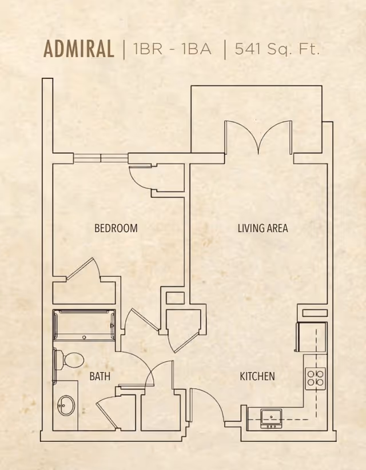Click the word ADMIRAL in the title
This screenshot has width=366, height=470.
coord(79,49)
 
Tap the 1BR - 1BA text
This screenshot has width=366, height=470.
coord(172,49)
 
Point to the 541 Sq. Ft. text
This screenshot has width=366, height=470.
coord(277,49)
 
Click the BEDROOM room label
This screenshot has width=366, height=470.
coord(116,228)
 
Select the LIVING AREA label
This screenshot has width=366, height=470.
coord(263,228)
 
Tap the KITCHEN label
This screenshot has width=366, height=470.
coord(257,376)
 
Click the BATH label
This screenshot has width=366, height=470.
coord(100,376)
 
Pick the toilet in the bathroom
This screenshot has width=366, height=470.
coord(69,360)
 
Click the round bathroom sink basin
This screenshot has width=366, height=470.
coord(66,405)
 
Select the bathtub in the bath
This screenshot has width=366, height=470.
coord(84,325)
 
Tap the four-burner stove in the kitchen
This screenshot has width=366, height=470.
coord(315,379)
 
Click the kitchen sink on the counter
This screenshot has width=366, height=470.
coord(271,419)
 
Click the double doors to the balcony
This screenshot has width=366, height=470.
coord(258,137)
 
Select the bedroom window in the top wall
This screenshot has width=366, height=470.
coord(101,158)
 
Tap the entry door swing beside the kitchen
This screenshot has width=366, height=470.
coord(207,405)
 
